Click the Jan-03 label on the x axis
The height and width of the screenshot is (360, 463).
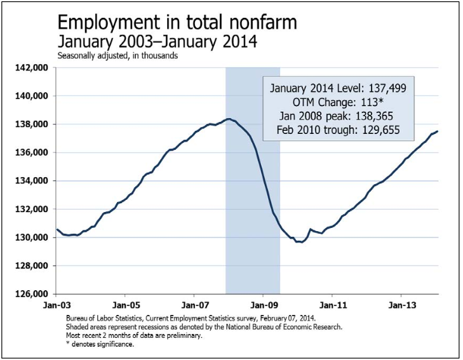(x=57, y=304)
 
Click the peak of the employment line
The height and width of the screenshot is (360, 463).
(x=229, y=119)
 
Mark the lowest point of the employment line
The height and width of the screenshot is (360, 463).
(x=299, y=242)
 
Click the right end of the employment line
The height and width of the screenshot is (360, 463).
(x=438, y=131)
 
